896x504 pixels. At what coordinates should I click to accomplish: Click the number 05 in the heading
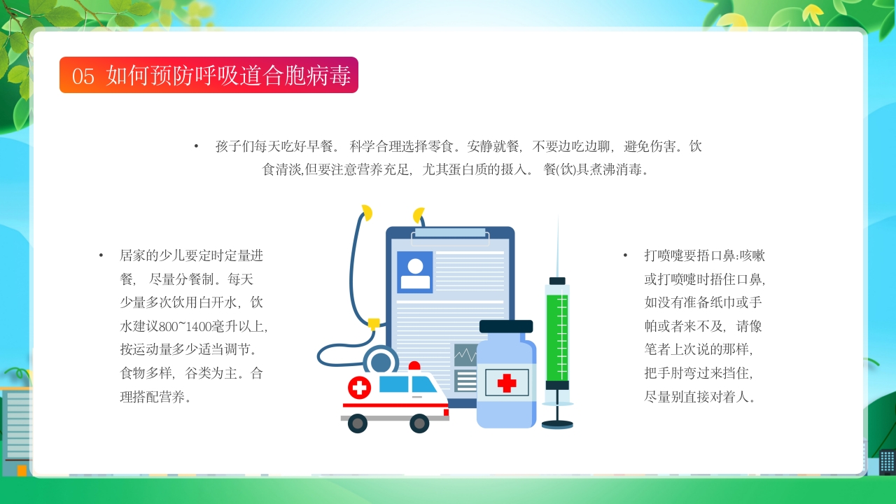pos(83,76)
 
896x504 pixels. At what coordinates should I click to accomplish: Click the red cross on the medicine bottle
pos(507,382)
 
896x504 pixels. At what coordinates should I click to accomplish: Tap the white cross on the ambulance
pos(359,387)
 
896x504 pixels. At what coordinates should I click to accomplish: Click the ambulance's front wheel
pos(419,423)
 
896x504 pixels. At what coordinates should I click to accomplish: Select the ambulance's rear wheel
pos(358,423)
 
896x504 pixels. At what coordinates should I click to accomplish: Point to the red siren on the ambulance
pos(414,366)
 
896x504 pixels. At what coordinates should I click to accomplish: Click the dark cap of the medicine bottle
pos(506,326)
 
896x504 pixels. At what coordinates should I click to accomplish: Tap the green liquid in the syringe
pos(557,336)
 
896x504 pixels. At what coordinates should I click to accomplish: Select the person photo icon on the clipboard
pos(415,272)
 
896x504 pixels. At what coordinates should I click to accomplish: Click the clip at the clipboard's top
pos(450,233)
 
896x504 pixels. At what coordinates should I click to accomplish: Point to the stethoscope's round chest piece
pos(381,361)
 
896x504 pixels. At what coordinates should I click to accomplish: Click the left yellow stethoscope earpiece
pos(366,212)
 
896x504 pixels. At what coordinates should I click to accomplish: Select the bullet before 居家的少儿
pos(101,255)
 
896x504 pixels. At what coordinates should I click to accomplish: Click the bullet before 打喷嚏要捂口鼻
pos(625,255)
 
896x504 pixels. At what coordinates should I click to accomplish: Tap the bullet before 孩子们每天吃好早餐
pos(197,146)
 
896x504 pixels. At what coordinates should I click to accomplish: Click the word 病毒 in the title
pos(330,76)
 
